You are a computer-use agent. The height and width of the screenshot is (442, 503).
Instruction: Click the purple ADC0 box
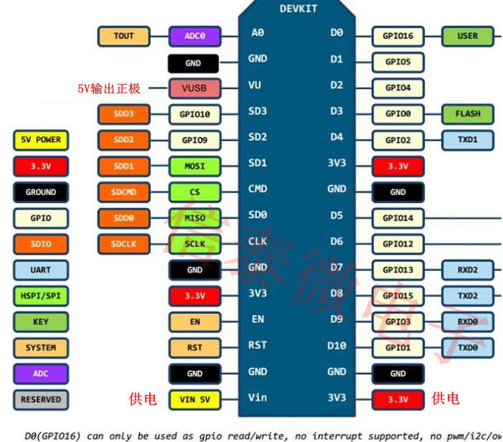pos(194,36)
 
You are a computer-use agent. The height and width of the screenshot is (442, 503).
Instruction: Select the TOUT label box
pos(123,36)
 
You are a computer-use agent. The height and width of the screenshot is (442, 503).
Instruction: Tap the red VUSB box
pos(194,88)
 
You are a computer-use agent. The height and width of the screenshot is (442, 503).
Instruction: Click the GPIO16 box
pos(398,36)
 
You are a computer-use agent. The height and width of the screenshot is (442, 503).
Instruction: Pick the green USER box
pos(468,36)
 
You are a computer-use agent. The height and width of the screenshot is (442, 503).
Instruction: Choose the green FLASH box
pos(468,113)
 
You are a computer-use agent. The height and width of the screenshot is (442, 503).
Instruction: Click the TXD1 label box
pos(468,139)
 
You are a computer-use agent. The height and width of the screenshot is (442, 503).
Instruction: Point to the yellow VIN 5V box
pos(194,400)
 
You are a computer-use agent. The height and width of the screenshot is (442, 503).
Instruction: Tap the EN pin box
pos(194,321)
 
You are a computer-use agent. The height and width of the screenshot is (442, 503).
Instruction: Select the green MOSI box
pos(194,166)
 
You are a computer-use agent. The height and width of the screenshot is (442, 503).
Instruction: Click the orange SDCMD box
pos(123,192)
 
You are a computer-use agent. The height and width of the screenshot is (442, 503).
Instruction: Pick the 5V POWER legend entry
pos(40,140)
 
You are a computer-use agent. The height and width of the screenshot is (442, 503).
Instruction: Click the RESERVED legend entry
pos(40,399)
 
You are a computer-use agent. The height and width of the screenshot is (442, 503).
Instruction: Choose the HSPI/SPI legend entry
pos(40,296)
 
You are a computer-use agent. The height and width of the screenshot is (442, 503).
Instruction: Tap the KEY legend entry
pos(40,321)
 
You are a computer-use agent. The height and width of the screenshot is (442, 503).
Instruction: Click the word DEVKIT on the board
pos(298,9)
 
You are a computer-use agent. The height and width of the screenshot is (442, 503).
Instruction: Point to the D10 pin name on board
pos(337,346)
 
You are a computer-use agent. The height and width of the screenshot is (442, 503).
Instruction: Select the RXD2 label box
pos(468,270)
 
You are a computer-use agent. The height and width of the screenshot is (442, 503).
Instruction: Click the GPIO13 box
pos(398,270)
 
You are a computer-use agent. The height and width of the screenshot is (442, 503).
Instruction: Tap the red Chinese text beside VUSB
pos(109,88)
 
